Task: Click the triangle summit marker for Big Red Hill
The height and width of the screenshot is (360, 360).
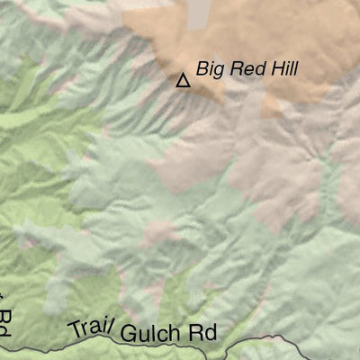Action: (x=183, y=81)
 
